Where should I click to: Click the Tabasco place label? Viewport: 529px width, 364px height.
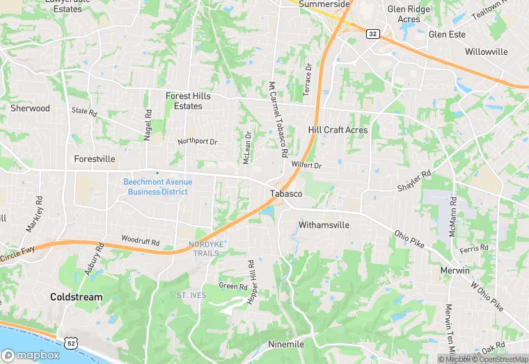point(286,194)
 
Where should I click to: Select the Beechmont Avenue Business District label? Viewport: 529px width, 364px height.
point(157,186)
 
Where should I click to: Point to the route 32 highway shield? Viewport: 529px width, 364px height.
point(373,33)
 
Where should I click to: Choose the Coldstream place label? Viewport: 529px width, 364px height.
point(76,297)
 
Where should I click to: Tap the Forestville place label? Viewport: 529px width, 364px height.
point(95,159)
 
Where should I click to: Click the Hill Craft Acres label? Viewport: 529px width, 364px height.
point(338,130)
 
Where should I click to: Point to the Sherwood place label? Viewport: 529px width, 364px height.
point(30,108)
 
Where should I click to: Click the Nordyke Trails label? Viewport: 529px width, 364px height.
point(203,248)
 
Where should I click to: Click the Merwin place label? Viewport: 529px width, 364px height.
point(455,270)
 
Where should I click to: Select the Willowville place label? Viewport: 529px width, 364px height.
point(487,52)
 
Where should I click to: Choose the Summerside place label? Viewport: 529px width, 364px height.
point(324,4)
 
